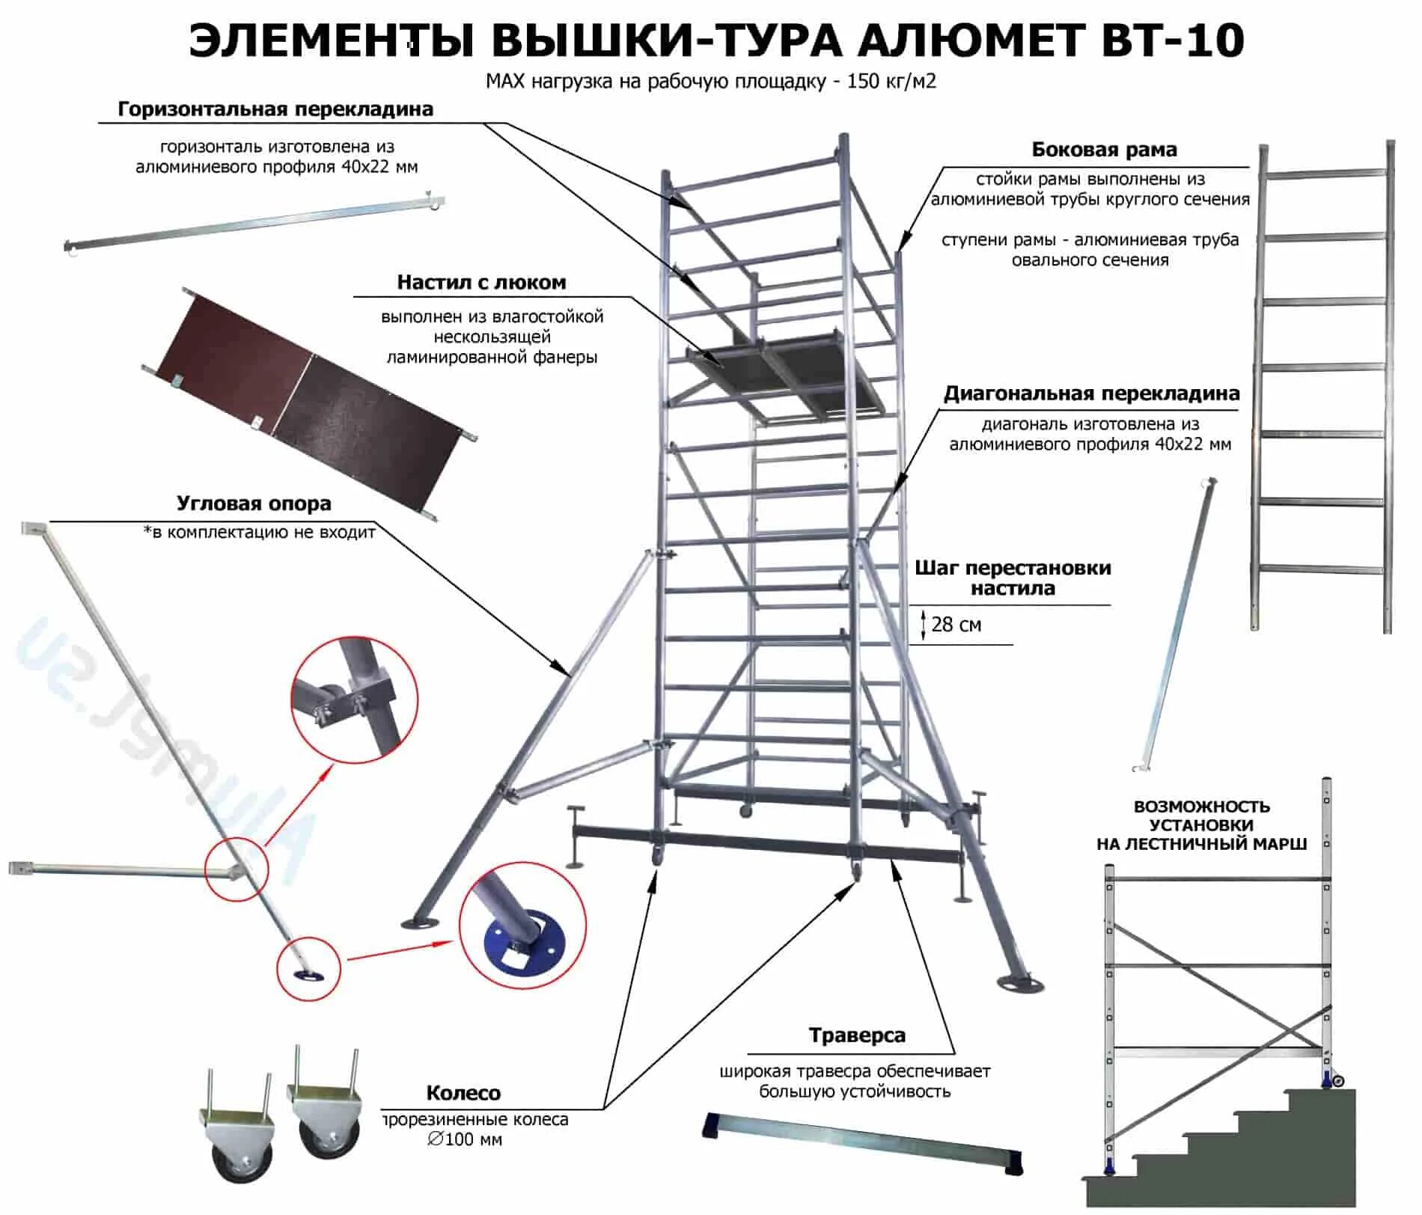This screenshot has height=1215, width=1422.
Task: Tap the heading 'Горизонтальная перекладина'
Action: (275, 109)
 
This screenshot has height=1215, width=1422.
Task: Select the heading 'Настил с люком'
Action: (481, 283)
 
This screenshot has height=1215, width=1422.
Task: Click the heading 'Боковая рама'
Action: (1104, 150)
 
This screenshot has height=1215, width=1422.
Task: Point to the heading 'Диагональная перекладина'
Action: (1091, 394)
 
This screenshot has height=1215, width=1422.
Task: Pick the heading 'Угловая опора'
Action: (254, 504)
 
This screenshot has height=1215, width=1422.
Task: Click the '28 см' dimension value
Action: (956, 625)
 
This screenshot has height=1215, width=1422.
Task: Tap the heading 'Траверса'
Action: (857, 1035)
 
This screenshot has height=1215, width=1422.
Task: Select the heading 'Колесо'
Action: (463, 1093)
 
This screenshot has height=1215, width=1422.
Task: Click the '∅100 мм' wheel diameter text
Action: (465, 1139)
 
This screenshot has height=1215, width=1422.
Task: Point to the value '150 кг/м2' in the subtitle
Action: (891, 82)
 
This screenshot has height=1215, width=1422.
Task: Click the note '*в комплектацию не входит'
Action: (260, 533)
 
